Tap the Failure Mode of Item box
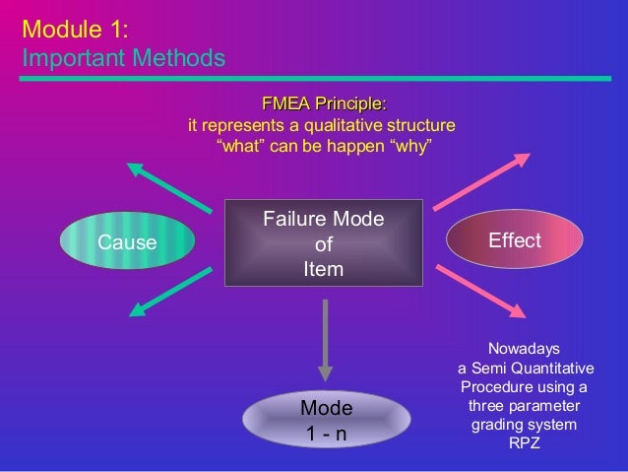point(323,242)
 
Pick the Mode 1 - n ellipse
point(326,420)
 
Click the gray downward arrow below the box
point(324,341)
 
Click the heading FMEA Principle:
point(323,104)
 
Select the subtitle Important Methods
point(123,59)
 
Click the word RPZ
point(524,442)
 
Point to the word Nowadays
point(524,348)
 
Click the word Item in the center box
point(323,268)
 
